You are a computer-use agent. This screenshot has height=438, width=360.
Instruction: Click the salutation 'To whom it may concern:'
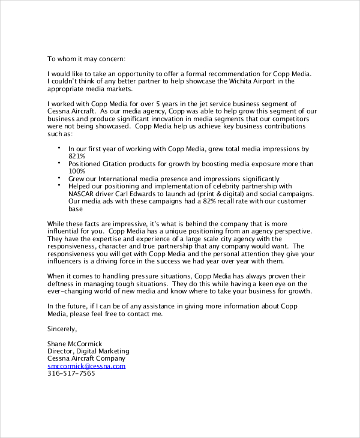(x=86, y=59)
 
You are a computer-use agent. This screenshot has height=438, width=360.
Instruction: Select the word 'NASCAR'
(x=83, y=194)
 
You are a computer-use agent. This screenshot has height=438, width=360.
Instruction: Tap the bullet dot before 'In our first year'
(x=59, y=147)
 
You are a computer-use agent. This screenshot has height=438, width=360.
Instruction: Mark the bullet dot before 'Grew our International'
(x=59, y=178)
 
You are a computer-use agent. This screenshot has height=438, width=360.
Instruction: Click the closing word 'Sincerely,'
(x=62, y=329)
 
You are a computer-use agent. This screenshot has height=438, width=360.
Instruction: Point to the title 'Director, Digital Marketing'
(x=88, y=351)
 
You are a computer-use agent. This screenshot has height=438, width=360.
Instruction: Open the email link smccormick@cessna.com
(x=86, y=365)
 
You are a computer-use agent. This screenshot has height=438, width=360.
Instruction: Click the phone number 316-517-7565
(x=71, y=373)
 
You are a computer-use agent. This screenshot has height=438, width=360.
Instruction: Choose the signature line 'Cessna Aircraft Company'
(x=86, y=358)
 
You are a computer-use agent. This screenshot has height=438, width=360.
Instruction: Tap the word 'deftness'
(x=64, y=284)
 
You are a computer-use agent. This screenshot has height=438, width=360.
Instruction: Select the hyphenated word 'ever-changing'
(x=72, y=291)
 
